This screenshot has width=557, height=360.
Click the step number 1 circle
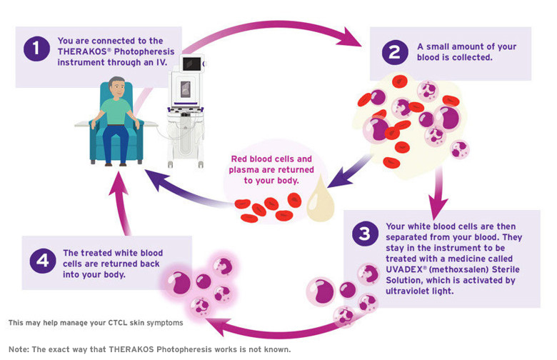click(x=36, y=49)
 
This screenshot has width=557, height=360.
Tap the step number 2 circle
click(x=395, y=52)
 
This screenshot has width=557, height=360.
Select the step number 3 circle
click(x=365, y=234)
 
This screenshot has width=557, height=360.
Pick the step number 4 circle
click(x=43, y=261)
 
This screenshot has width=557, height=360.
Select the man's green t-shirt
click(x=116, y=111)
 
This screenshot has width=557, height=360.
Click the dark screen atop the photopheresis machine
click(x=192, y=64)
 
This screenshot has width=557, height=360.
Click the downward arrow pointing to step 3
click(x=438, y=193)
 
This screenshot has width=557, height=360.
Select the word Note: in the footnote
click(x=19, y=349)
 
